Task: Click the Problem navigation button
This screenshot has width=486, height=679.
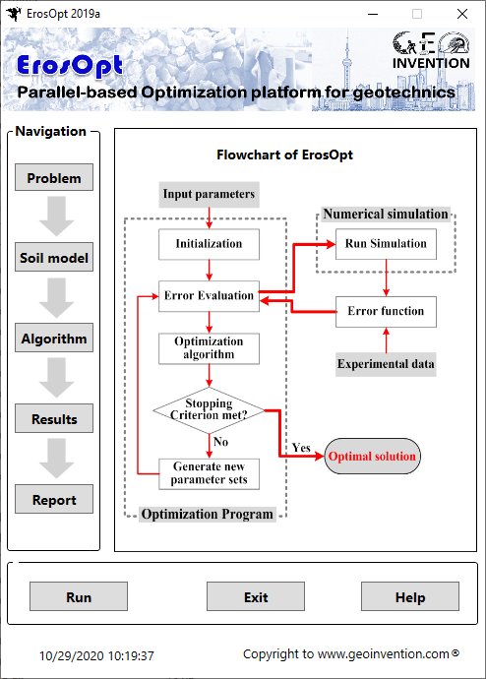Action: tap(54, 177)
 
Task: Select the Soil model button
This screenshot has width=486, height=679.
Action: tap(54, 257)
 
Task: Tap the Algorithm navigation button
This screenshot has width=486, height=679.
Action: tap(54, 338)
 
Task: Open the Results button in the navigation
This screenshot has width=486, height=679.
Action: tap(54, 418)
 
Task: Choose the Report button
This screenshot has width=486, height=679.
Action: tap(54, 499)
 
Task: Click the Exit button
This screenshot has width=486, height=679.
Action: tap(256, 596)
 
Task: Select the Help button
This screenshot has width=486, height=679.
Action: tap(410, 596)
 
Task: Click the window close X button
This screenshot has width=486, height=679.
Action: tap(462, 14)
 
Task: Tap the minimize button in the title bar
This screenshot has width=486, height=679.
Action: tap(373, 14)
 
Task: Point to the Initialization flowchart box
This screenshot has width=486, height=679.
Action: tap(209, 244)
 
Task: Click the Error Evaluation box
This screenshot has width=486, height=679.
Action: tap(209, 296)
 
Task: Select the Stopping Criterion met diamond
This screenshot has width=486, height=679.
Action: tap(209, 410)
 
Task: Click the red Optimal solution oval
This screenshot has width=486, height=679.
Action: tap(372, 456)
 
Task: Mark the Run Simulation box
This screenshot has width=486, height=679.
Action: tap(386, 244)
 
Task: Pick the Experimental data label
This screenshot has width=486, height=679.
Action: tap(386, 364)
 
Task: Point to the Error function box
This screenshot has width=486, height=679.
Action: tap(386, 312)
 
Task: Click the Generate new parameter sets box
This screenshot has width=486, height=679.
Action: tap(209, 474)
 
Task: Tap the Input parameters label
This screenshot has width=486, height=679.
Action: tap(209, 194)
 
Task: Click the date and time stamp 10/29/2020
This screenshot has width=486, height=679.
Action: tap(96, 656)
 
